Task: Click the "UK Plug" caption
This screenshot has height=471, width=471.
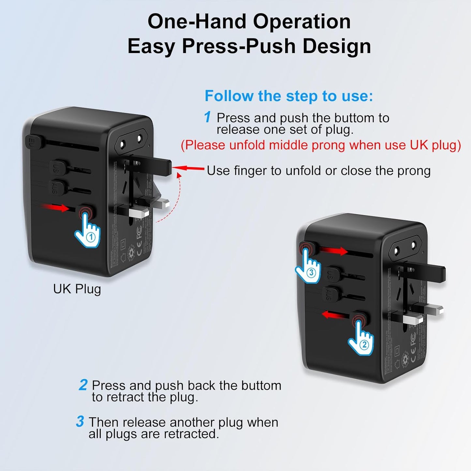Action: (77, 289)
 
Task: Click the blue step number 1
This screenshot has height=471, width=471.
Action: (208, 117)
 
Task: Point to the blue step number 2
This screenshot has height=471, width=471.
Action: (83, 385)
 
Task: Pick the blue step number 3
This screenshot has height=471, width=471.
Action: (80, 421)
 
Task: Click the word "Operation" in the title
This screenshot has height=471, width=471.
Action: (302, 22)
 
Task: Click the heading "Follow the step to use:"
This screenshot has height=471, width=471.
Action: (288, 96)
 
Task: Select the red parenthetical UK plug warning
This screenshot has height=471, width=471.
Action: (321, 145)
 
